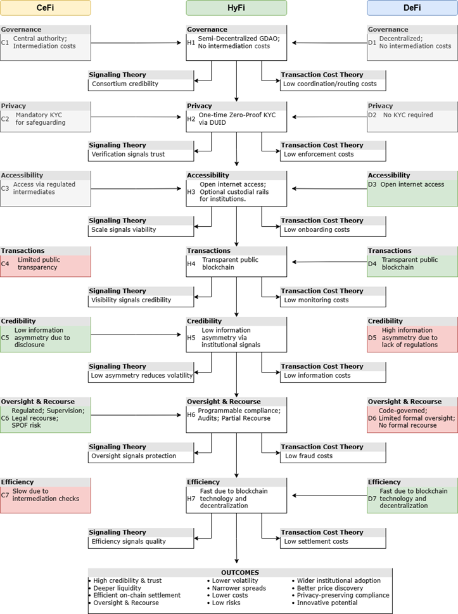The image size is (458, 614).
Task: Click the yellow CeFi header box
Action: point(46,8)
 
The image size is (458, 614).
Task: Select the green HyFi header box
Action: point(236,8)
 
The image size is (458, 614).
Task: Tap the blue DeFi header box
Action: point(412,8)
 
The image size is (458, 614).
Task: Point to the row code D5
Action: point(373,338)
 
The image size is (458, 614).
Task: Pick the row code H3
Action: point(191,191)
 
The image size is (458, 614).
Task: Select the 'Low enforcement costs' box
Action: point(333,155)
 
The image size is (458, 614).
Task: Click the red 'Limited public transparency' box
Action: point(46,264)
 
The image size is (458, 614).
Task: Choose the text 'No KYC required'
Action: point(409,115)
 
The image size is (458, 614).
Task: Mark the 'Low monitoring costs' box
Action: point(333,300)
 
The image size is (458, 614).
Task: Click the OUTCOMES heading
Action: point(236,572)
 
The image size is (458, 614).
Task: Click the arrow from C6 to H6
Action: point(136,416)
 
